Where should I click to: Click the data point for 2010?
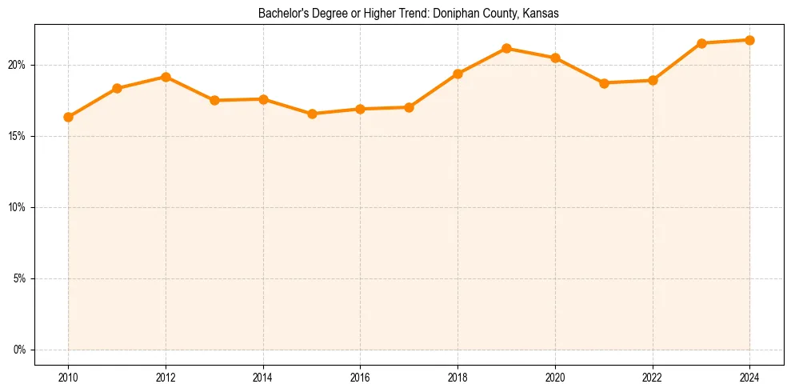click(68, 117)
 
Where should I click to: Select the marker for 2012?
click(166, 77)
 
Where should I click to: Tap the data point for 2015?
click(312, 114)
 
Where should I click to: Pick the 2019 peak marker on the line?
click(506, 48)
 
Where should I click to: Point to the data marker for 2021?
click(604, 82)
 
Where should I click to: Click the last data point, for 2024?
click(749, 40)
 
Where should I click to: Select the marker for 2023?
click(701, 43)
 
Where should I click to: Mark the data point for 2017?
click(409, 107)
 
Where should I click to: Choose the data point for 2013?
click(214, 100)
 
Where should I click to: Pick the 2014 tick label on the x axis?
click(263, 376)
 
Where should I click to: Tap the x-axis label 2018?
click(457, 376)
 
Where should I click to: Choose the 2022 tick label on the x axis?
click(653, 376)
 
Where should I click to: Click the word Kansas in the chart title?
click(540, 14)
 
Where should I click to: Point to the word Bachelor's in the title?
click(280, 14)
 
